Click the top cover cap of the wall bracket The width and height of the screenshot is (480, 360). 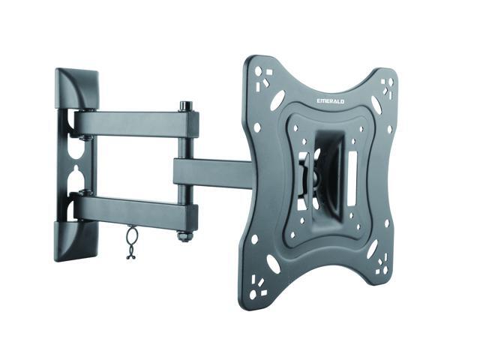(x=77, y=89)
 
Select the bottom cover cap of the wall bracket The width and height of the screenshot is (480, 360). (x=76, y=238)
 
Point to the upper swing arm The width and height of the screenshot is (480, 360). (x=135, y=122)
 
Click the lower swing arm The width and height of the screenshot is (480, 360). (x=135, y=211)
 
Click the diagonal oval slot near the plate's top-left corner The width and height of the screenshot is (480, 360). (x=277, y=100)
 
